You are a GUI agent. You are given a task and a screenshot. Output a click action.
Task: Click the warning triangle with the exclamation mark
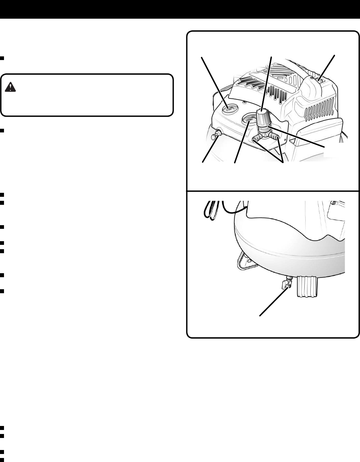pos(11,88)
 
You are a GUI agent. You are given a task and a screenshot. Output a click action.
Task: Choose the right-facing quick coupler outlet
pos(275,136)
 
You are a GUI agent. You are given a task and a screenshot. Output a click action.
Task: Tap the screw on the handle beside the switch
pos(311,77)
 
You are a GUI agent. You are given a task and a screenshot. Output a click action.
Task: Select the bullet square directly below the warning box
pos(2,131)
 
